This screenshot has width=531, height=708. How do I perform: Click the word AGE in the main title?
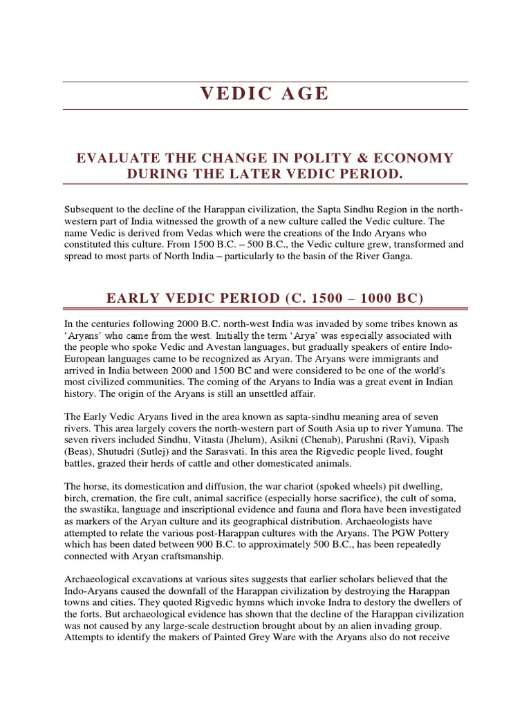tap(302, 95)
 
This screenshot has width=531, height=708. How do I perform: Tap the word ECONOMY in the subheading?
tap(414, 158)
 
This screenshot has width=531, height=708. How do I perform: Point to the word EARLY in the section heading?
tap(131, 298)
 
